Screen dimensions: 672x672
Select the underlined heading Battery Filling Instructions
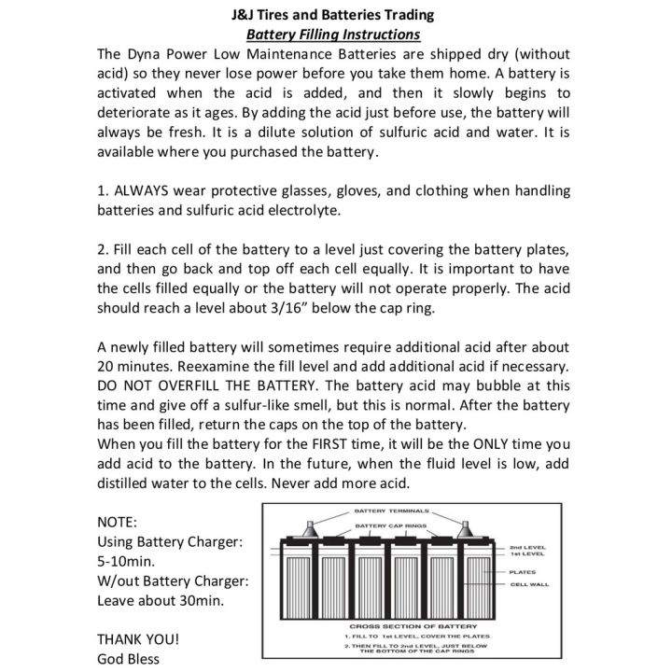[x=332, y=35]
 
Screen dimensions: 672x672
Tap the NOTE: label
[x=118, y=521]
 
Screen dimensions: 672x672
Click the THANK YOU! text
[x=138, y=639]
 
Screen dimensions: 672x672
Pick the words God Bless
[x=129, y=659]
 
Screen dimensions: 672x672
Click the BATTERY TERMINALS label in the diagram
[x=392, y=511]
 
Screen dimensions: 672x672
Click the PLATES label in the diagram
[x=523, y=571]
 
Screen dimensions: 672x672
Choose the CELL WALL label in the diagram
[x=529, y=585]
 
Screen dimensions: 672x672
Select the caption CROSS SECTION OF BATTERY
[x=413, y=624]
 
